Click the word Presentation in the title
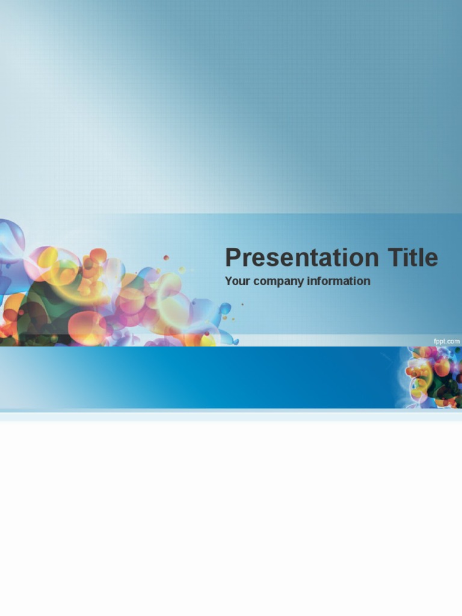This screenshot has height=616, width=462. pyautogui.click(x=301, y=258)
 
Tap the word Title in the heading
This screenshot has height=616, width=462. pyautogui.click(x=413, y=257)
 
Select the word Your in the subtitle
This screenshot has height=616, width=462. pyautogui.click(x=238, y=281)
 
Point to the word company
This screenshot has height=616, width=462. pyautogui.click(x=279, y=282)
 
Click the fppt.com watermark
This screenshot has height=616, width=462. pyautogui.click(x=446, y=341)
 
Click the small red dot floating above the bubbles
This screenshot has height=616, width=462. pyautogui.click(x=166, y=257)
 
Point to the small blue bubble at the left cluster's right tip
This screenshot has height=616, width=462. pyautogui.click(x=226, y=308)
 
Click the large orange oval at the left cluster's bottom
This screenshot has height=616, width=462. pyautogui.click(x=87, y=328)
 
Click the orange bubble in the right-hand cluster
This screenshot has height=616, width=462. pyautogui.click(x=442, y=366)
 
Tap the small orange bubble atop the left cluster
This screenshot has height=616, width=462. pyautogui.click(x=98, y=255)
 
